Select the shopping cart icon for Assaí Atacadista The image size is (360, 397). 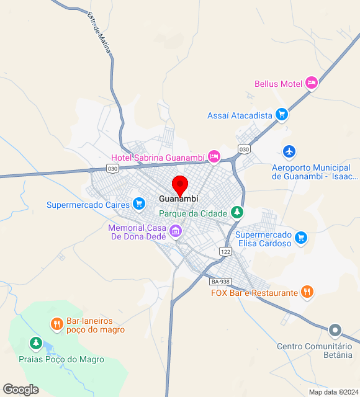coord(282,114)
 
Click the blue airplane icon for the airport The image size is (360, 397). coord(289,151)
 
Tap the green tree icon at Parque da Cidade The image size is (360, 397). coord(236,212)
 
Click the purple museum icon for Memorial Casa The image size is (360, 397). coord(176,231)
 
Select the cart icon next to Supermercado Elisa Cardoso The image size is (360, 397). coord(301,238)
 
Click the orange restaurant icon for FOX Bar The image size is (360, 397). coord(307,292)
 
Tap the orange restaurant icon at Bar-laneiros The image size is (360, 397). coord(56,323)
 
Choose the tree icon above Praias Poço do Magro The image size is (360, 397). coord(35,342)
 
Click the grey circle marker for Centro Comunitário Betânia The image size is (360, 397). coord(335,331)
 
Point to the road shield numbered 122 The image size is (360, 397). coord(225,251)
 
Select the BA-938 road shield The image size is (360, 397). coord(220,280)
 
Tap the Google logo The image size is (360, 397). coord(20,389)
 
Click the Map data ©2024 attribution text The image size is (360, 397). coord(333,392)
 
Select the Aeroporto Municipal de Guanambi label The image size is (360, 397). coord(311,172)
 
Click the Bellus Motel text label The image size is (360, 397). coord(278,84)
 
